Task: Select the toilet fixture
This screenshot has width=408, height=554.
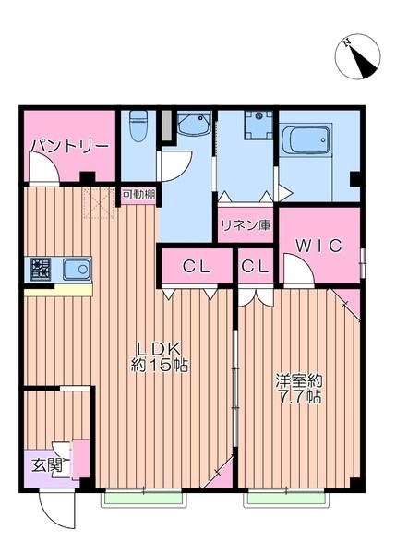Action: coord(138,126)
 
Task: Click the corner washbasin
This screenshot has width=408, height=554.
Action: coord(194,127)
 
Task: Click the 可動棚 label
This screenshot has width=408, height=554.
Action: coord(138,195)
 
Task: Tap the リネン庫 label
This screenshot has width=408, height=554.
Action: coord(246,225)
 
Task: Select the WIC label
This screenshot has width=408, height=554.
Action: coord(318,246)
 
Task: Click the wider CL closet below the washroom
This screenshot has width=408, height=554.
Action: coord(195,267)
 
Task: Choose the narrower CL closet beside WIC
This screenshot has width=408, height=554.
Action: coord(256,267)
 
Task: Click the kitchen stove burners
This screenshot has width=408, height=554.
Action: coord(41,271)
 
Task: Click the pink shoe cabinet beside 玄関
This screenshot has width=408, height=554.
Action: coord(81,458)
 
